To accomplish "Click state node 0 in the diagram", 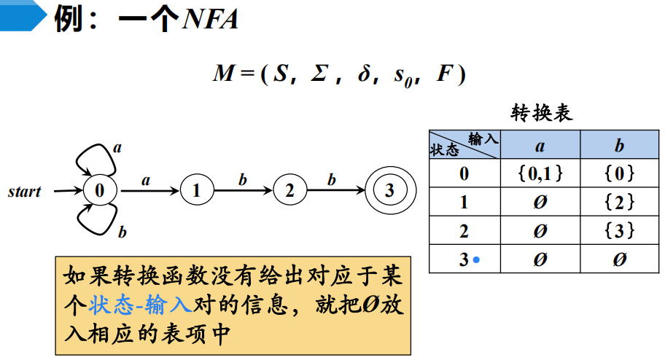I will click(x=100, y=191).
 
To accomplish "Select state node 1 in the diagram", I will click(x=196, y=191).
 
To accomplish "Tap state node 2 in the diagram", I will click(x=289, y=191).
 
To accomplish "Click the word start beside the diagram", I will click(x=25, y=192).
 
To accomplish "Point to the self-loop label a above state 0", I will click(x=117, y=148).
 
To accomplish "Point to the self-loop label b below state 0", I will click(x=122, y=232).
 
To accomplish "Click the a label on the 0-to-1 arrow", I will click(x=146, y=179).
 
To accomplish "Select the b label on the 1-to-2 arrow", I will click(x=243, y=179).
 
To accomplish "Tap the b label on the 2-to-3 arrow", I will click(x=332, y=179).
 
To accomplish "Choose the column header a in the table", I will click(x=540, y=146).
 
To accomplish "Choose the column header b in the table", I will click(x=619, y=146).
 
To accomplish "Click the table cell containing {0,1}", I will click(x=540, y=173).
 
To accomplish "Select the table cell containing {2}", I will click(x=619, y=202).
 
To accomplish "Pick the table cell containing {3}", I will click(x=619, y=230).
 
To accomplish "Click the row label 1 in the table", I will click(x=464, y=202).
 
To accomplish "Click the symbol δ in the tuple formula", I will click(x=364, y=74).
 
